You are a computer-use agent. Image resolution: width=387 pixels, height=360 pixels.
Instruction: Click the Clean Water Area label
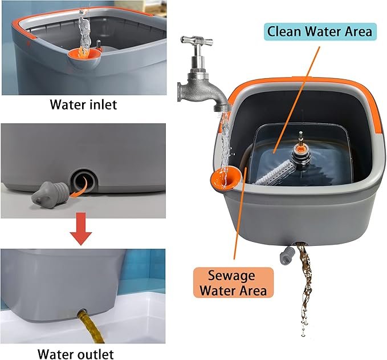[320, 31]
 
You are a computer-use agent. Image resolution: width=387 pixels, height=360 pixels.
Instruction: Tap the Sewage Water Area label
[234, 282]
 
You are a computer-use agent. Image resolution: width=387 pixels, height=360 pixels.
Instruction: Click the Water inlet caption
[83, 104]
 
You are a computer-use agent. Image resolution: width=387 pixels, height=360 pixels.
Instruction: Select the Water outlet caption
[76, 354]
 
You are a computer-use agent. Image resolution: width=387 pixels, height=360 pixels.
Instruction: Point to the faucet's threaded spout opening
[223, 108]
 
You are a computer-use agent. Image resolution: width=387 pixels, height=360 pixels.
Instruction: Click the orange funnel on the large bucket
[225, 177]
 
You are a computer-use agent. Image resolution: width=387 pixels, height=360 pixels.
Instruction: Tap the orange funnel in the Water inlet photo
[84, 54]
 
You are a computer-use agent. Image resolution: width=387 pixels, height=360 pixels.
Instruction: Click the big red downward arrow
[81, 229]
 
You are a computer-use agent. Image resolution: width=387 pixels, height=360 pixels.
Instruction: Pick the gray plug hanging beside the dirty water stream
[287, 255]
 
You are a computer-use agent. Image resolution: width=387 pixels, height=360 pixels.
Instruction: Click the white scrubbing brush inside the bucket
[275, 172]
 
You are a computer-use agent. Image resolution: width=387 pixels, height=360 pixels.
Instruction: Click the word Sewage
[231, 276]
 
